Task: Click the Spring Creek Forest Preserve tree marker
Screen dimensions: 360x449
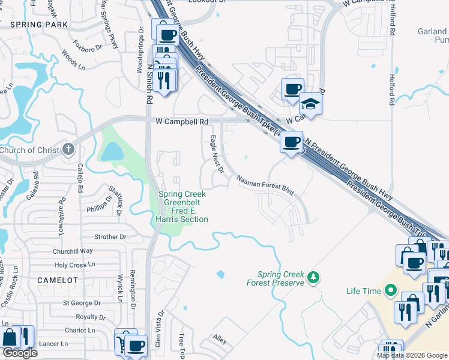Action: tap(312, 277)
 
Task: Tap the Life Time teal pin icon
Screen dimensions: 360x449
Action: tap(391, 291)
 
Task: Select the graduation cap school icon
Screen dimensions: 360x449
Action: tap(311, 104)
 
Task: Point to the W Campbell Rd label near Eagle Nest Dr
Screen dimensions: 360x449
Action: tap(181, 121)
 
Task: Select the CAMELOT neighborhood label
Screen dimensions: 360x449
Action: tap(58, 280)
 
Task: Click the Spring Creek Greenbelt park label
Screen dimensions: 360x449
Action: tap(182, 206)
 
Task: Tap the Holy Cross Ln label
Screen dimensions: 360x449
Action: tap(74, 265)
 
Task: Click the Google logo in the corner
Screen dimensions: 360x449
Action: tap(19, 353)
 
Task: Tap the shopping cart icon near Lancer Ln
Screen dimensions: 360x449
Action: tap(122, 341)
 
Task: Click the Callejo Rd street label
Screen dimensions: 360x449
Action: tap(79, 178)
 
